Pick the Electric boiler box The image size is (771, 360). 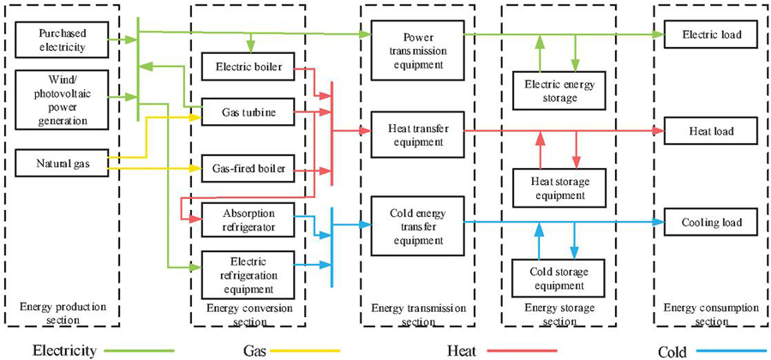coord(248,65)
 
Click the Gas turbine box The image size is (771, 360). coord(248,111)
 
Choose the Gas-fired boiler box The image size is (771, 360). coord(248,167)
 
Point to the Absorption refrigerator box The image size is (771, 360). coord(248,220)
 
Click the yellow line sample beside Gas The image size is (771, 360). coord(304,350)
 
